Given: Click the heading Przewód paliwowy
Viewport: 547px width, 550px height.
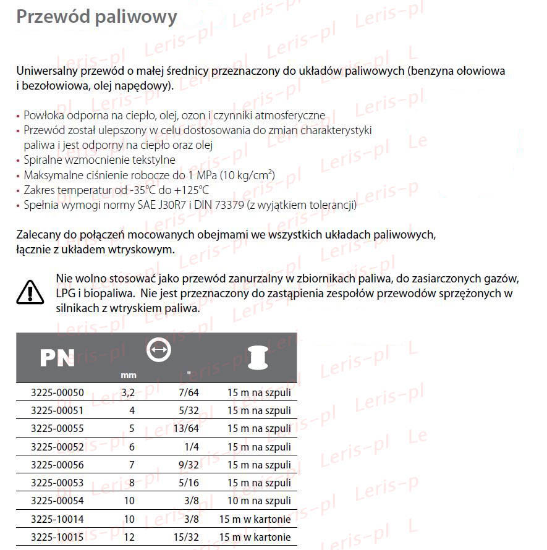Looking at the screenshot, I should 96,17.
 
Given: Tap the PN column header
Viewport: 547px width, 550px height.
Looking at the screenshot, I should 57,358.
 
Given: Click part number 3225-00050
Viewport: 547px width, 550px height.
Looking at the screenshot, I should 57,392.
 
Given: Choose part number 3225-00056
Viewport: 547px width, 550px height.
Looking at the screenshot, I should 57,465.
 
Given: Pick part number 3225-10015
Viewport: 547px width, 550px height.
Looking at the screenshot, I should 57,537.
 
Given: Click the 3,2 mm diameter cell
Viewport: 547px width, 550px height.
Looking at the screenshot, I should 128,392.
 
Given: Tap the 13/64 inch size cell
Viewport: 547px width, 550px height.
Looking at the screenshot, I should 187,428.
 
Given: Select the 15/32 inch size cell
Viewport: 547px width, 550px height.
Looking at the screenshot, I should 187,537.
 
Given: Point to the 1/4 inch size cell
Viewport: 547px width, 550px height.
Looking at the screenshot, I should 192,447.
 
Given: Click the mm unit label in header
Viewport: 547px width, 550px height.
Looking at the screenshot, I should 128,375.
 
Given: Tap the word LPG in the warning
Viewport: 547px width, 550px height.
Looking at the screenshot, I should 66,294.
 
